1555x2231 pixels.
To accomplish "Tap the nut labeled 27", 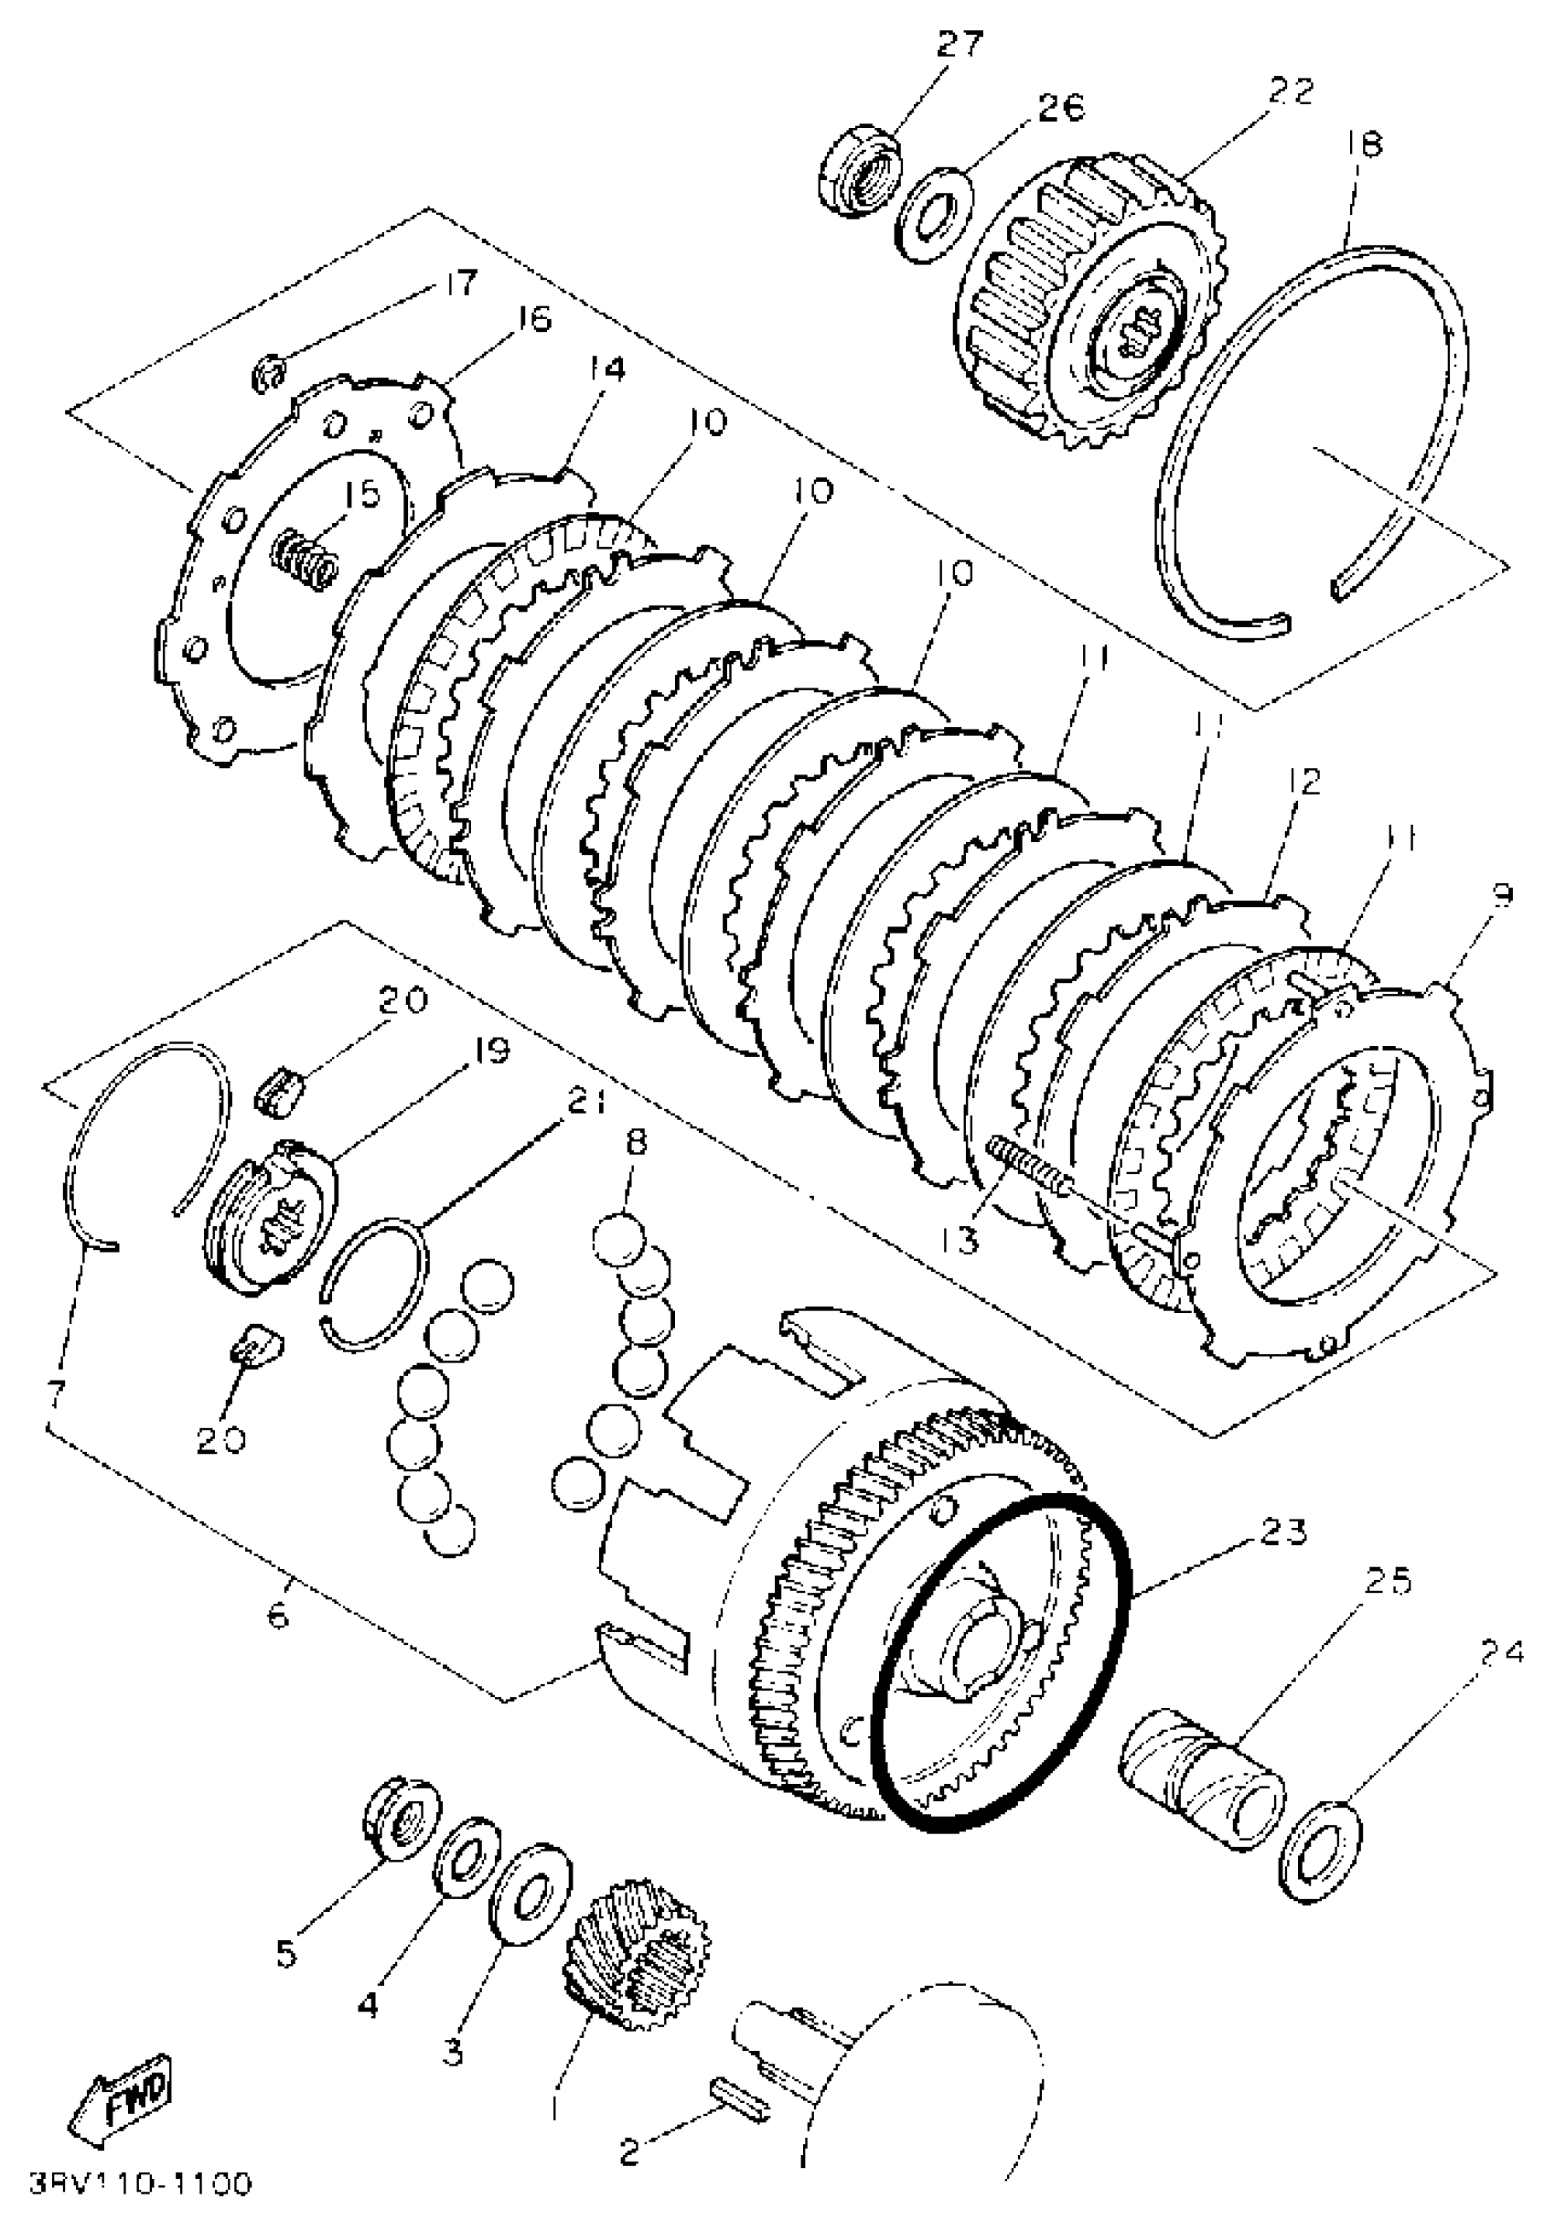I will point(860,173).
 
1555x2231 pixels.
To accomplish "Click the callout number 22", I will point(1291,92).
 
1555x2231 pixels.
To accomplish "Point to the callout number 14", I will point(605,370).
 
